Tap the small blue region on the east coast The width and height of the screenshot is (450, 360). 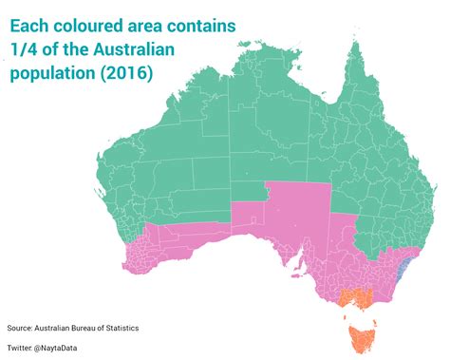(402, 265)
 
